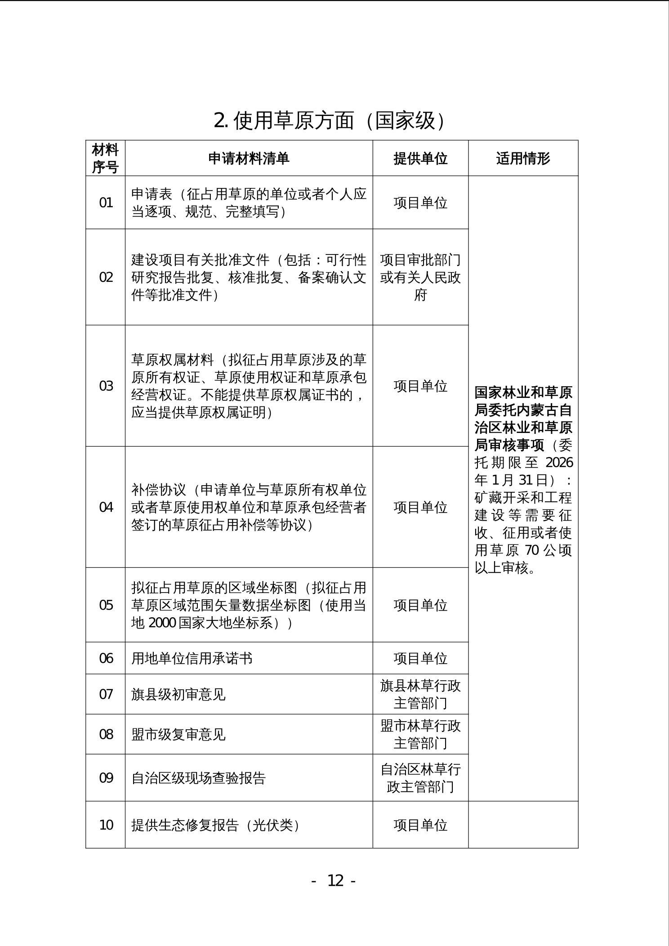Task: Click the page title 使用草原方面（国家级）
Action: [x=331, y=120]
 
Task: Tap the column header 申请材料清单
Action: [x=249, y=158]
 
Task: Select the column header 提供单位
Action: [x=420, y=158]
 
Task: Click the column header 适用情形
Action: [x=523, y=158]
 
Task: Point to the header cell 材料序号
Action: [x=105, y=158]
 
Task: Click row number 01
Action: [x=106, y=203]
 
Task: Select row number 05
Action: [x=106, y=605]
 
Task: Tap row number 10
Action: [x=106, y=825]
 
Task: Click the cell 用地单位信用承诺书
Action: [x=192, y=658]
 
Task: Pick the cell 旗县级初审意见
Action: [x=178, y=694]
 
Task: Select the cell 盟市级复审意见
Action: [x=178, y=734]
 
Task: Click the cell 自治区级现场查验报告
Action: [x=199, y=778]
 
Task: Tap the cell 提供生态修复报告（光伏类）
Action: [x=216, y=825]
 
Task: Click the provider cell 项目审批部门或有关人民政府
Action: [x=420, y=277]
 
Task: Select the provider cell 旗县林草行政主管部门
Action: [x=420, y=694]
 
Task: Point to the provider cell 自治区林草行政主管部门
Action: [x=420, y=778]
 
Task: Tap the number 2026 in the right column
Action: [x=559, y=463]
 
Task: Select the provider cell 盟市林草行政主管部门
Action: [x=420, y=734]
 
